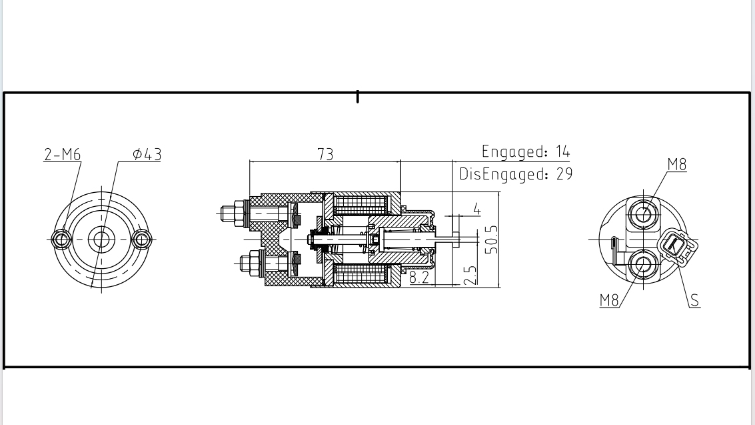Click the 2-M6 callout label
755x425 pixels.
coord(62,155)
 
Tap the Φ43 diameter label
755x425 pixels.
coord(147,155)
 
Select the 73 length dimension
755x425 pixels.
coord(325,154)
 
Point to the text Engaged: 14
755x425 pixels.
coord(526,151)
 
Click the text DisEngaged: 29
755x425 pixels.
coord(515,175)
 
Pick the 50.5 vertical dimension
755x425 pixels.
coord(492,239)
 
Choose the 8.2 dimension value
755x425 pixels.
coord(419,278)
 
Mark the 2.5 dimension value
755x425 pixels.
coord(470,275)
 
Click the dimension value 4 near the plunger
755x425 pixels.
coord(477,209)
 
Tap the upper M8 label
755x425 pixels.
coord(676,165)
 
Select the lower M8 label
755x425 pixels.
coord(609,300)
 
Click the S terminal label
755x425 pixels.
coord(694,300)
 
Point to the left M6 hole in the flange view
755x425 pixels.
coord(61,239)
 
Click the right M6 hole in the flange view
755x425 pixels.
coord(141,239)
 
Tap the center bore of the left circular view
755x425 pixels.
coord(101,239)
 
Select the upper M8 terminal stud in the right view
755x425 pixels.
coord(644,214)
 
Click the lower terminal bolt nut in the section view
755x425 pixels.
coord(249,263)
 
